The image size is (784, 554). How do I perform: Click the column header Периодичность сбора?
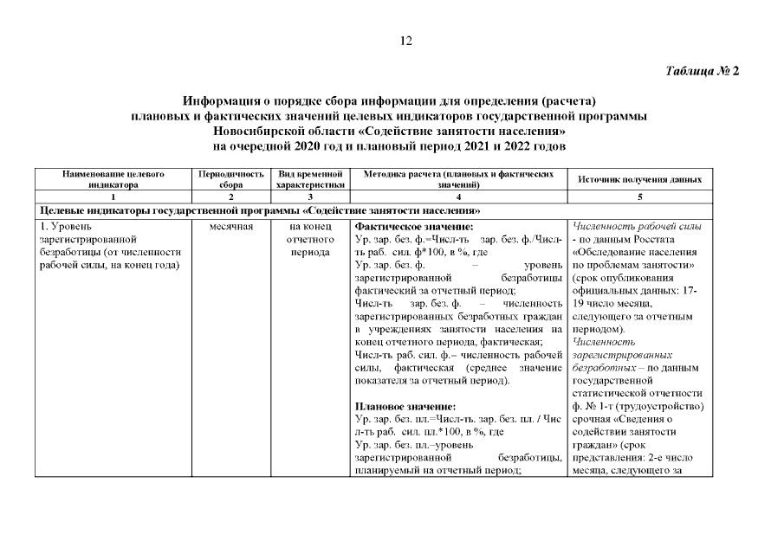230,179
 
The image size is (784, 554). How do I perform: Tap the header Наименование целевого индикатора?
113,179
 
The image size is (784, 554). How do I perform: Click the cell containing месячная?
230,226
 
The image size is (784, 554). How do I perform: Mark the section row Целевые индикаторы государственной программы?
260,211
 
